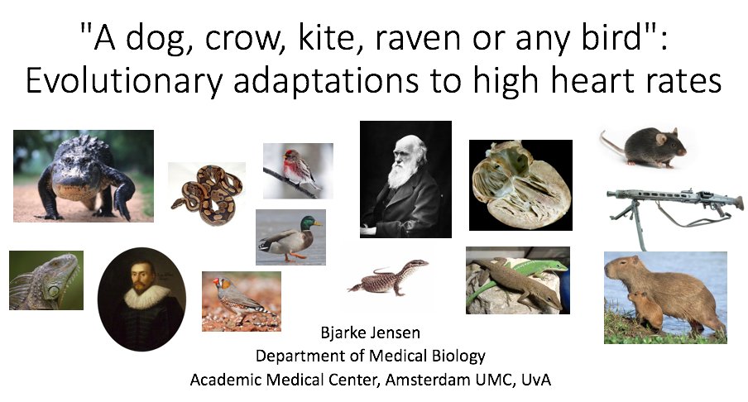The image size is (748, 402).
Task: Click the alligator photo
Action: pyautogui.click(x=83, y=175)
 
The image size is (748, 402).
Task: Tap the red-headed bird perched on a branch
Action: pyautogui.click(x=298, y=170)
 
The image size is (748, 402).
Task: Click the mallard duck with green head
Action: pyautogui.click(x=290, y=236)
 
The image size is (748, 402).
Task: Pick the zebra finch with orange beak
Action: pyautogui.click(x=241, y=299)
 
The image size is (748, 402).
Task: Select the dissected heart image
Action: pyautogui.click(x=520, y=184)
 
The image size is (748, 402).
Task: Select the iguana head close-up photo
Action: pyautogui.click(x=46, y=280)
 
